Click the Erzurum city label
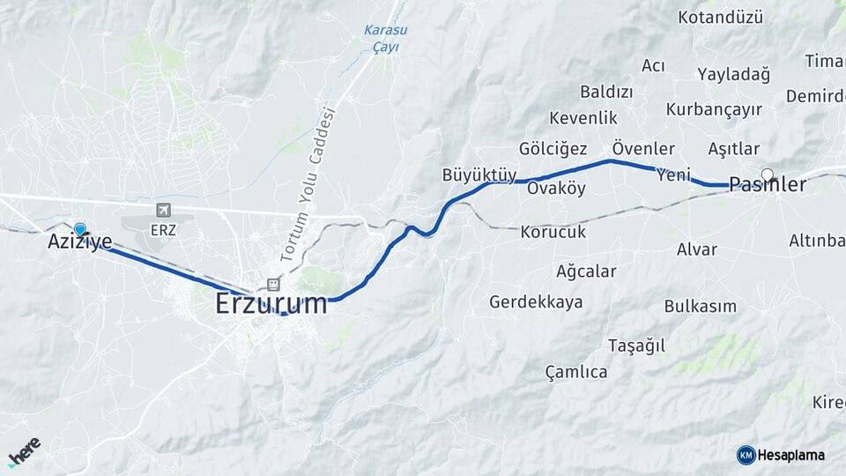coord(271,305)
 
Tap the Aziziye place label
coord(79,240)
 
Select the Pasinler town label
coord(768,185)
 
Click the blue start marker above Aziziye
coord(80,228)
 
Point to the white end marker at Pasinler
coord(768,174)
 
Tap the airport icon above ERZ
coord(163,210)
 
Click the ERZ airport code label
coord(164,229)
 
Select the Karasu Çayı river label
coord(385,38)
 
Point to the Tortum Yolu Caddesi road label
coord(308,184)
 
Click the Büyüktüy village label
coord(479,175)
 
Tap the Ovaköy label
coord(556,189)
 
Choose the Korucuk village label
coord(553,232)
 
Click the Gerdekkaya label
coord(536,302)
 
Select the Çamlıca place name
coord(576,372)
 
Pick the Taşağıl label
coord(636,346)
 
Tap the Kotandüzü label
coord(720,17)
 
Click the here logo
coord(24,450)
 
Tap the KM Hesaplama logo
coord(781,455)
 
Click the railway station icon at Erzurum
coord(273,285)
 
